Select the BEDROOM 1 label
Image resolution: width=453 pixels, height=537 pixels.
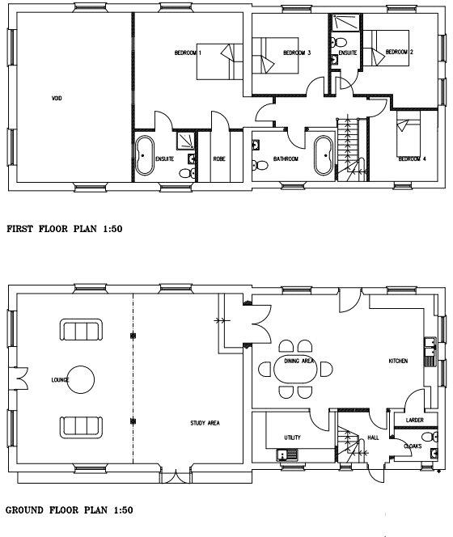coord(188,53)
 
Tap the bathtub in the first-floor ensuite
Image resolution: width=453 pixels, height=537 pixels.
coord(146,155)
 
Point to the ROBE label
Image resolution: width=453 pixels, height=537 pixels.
coord(218,159)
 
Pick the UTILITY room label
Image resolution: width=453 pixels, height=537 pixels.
coord(292,438)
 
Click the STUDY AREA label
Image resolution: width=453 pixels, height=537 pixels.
coord(205,422)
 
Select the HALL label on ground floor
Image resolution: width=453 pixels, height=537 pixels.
coord(373,438)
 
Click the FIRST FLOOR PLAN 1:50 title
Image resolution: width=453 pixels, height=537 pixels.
coord(64,229)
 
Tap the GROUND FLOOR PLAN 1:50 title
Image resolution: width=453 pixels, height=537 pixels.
coord(68,510)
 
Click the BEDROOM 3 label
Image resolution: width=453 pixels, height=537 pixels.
coord(296,53)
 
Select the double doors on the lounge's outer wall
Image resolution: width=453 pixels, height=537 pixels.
coord(17,378)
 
